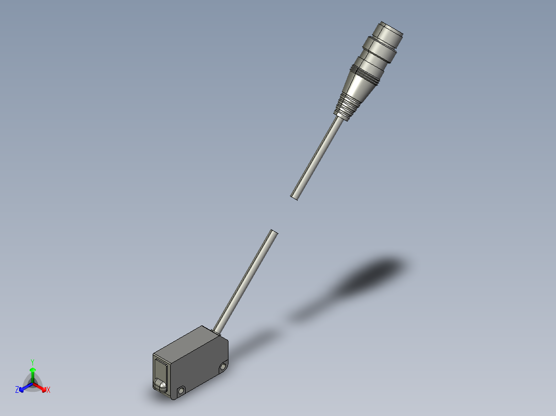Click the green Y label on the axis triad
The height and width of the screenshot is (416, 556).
pos(32,361)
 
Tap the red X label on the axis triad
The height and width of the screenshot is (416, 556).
pos(48,390)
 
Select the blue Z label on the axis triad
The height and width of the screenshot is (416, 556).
pos(17,390)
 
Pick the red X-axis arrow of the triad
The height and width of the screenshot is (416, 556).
pos(41,387)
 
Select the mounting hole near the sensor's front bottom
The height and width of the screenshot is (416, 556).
pos(182,391)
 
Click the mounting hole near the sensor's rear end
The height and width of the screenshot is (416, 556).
pos(223,367)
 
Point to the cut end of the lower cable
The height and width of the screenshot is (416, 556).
pos(273,233)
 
